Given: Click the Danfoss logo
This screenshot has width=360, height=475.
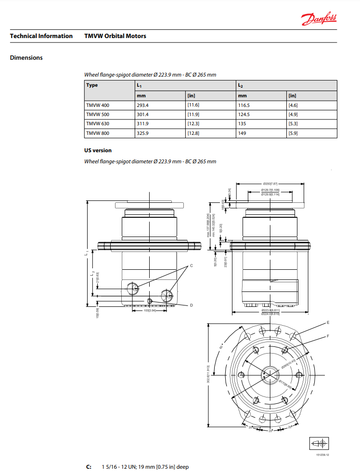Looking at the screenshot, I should (x=319, y=19).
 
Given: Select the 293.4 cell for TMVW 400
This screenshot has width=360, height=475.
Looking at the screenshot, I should (x=143, y=105).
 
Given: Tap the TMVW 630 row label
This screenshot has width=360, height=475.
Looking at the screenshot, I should (x=97, y=123).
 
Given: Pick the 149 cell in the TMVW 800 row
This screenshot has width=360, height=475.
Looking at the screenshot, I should (x=242, y=132).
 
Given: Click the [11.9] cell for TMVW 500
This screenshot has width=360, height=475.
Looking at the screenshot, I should (x=193, y=114).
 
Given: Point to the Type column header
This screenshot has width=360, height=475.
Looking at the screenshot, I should (x=92, y=85).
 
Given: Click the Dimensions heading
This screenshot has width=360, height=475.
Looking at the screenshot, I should (x=26, y=58).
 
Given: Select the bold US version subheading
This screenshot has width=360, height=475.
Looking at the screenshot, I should (x=98, y=150).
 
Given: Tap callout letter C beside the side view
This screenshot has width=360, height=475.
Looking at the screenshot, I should (x=191, y=265).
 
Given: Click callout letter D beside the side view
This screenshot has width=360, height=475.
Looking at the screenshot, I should (x=191, y=305).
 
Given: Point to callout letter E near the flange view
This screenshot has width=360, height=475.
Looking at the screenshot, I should (x=328, y=322).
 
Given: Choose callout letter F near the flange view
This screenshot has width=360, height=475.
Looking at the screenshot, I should (x=328, y=336).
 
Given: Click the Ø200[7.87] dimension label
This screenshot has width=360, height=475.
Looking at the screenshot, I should (x=270, y=184).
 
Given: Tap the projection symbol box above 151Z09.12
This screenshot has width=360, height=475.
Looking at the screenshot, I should (x=319, y=443).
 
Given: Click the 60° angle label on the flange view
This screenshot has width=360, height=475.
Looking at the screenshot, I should (x=221, y=347).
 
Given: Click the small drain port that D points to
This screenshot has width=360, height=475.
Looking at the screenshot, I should (x=150, y=301).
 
